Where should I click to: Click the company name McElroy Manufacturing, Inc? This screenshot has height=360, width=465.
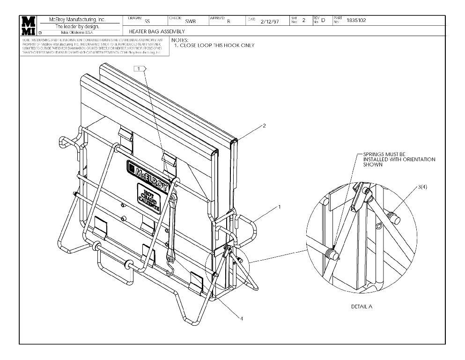pyautogui.click(x=77, y=20)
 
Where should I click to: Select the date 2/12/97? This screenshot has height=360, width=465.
pyautogui.click(x=270, y=21)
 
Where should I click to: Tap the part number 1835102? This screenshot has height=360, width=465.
pyautogui.click(x=356, y=20)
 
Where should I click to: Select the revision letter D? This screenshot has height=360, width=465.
pyautogui.click(x=323, y=21)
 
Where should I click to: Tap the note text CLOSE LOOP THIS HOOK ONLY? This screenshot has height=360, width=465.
pyautogui.click(x=217, y=45)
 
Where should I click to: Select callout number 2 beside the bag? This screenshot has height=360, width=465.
pyautogui.click(x=264, y=126)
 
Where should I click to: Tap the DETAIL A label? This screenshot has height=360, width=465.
pyautogui.click(x=362, y=307)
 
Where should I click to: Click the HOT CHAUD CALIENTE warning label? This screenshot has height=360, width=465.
pyautogui.click(x=149, y=197)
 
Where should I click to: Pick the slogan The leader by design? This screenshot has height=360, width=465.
pyautogui.click(x=77, y=26)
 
